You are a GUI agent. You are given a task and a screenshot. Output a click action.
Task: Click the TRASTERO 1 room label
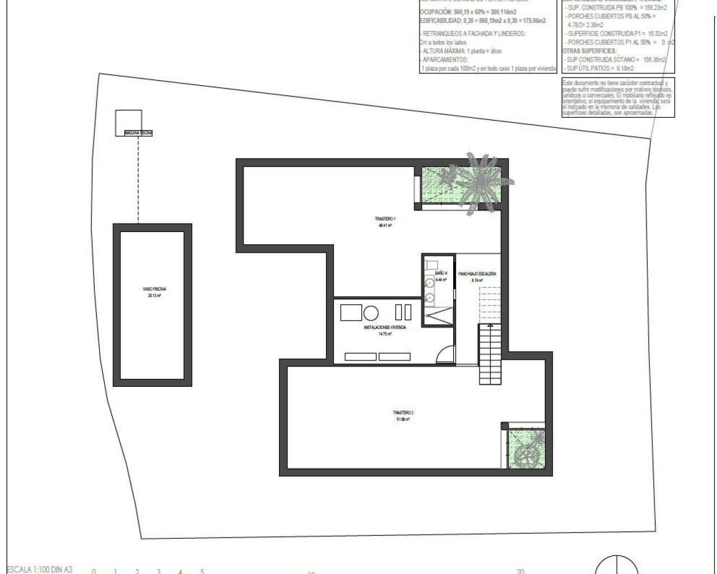pyautogui.click(x=385, y=219)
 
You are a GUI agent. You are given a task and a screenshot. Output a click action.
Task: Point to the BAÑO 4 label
pyautogui.click(x=441, y=273)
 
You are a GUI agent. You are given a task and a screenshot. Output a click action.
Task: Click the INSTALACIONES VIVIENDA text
pyautogui.click(x=385, y=327)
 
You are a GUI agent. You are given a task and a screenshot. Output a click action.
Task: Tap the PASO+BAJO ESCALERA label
pyautogui.click(x=477, y=274)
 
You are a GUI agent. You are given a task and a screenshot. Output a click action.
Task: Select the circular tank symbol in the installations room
pyautogui.click(x=371, y=312)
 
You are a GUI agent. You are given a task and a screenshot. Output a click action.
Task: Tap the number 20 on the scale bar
pyautogui.click(x=520, y=572)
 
